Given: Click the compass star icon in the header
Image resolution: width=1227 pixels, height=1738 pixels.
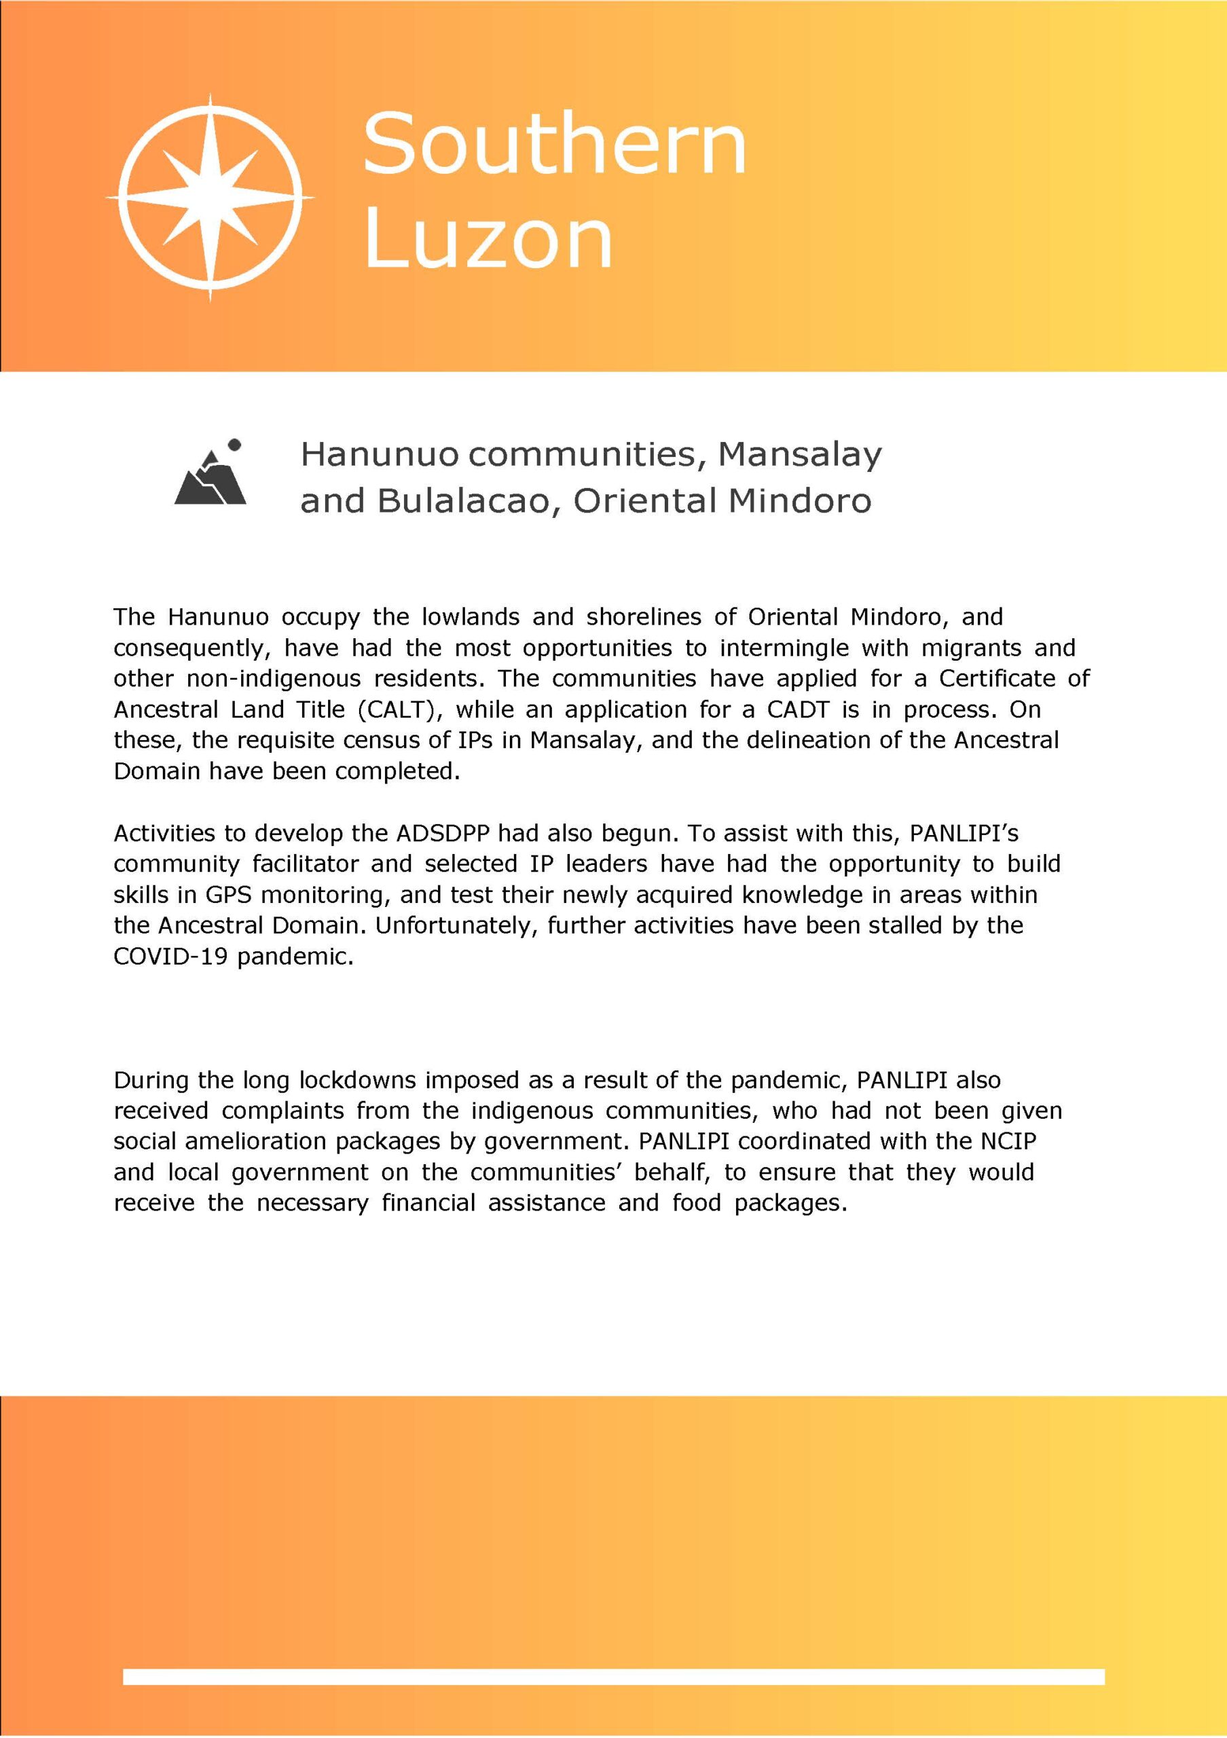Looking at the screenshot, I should [210, 198].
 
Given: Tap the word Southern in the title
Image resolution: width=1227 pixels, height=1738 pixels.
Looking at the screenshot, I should [555, 143].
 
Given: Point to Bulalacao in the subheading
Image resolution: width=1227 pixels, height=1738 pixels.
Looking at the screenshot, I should [464, 501].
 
